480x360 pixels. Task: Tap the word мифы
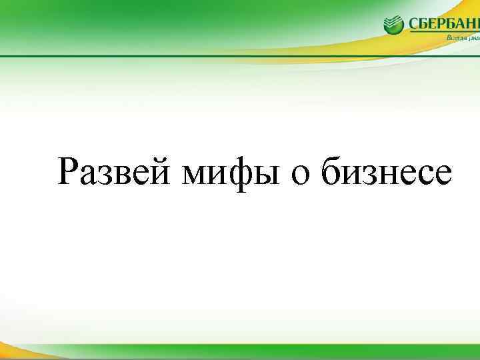[x=229, y=172]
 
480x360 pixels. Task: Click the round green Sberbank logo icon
[x=394, y=25]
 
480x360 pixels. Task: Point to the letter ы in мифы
[x=264, y=175]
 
